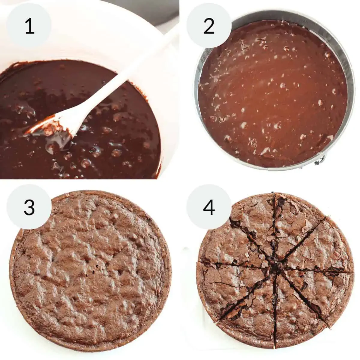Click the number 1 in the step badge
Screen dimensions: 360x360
click(29, 26)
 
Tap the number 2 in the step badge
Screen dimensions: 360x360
click(209, 26)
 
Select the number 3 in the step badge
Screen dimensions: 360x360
click(29, 207)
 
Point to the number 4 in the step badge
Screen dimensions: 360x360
click(209, 207)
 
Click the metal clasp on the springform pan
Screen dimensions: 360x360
click(319, 161)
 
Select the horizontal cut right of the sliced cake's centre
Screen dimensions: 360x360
click(318, 269)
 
